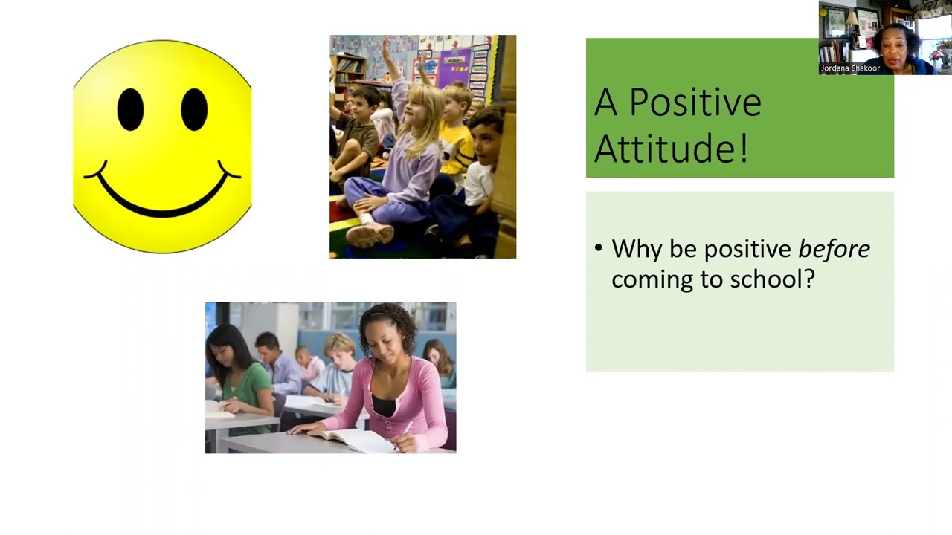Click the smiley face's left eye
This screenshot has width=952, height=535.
[130, 109]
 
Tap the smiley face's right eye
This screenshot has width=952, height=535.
[194, 109]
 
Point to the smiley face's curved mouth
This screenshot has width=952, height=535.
[162, 193]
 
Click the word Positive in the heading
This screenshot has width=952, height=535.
[695, 103]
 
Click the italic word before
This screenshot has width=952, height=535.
[834, 249]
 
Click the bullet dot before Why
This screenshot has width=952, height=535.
[599, 247]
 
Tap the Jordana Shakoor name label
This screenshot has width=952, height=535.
[850, 68]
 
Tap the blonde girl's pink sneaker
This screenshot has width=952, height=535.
[370, 235]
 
